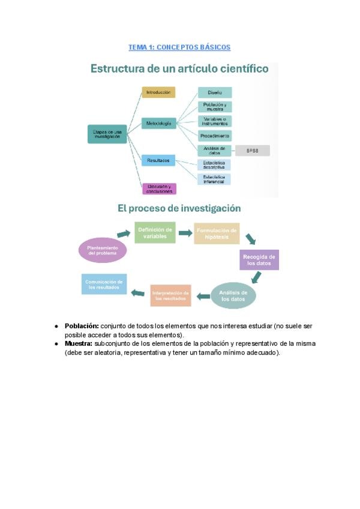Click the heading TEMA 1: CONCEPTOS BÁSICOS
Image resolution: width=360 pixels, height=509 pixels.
179,47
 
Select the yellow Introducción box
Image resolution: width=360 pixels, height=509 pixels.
158,92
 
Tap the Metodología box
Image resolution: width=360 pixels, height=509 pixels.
158,124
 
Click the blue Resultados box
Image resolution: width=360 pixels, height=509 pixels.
158,160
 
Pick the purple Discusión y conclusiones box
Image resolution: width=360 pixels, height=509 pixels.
158,188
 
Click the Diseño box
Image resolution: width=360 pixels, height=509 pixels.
214,92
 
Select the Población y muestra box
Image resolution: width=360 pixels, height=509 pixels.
214,107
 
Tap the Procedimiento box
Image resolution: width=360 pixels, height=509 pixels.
214,136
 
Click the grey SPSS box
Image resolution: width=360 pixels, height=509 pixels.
252,151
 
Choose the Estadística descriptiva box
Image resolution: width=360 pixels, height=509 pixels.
214,165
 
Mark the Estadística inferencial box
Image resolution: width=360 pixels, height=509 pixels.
214,179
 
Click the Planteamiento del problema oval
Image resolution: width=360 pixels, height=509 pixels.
103,250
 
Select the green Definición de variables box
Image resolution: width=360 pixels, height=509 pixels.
155,232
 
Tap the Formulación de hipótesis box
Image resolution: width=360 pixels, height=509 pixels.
217,233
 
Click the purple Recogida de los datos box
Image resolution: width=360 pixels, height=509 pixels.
259,260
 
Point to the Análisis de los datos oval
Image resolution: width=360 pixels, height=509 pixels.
233,295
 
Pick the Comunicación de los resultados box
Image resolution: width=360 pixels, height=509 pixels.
104,285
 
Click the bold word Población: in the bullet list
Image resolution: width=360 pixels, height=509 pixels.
82,326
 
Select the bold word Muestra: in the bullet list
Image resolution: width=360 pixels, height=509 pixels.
79,343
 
